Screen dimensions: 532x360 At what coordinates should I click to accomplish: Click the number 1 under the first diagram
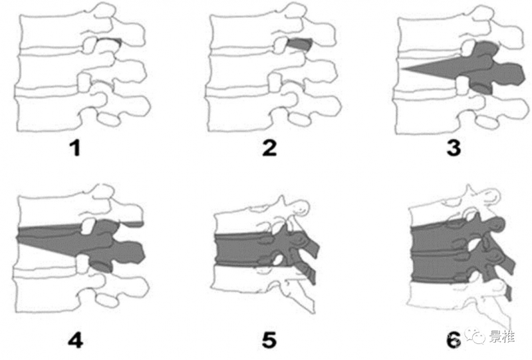[x=75, y=148]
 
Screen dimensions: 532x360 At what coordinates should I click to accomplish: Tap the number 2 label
[x=270, y=148]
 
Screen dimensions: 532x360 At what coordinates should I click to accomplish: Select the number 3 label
[x=454, y=148]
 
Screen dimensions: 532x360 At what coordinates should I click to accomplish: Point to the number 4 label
[x=75, y=340]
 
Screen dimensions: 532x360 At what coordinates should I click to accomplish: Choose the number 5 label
[x=269, y=340]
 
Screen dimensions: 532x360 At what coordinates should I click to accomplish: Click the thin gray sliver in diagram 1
[x=109, y=41]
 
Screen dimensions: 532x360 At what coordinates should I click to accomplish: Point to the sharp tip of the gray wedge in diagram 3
[x=402, y=69]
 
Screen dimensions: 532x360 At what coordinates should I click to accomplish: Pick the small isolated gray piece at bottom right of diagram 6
[x=508, y=293]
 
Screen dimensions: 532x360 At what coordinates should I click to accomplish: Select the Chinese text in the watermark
[x=502, y=336]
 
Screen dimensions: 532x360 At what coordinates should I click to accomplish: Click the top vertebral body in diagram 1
[x=51, y=31]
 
